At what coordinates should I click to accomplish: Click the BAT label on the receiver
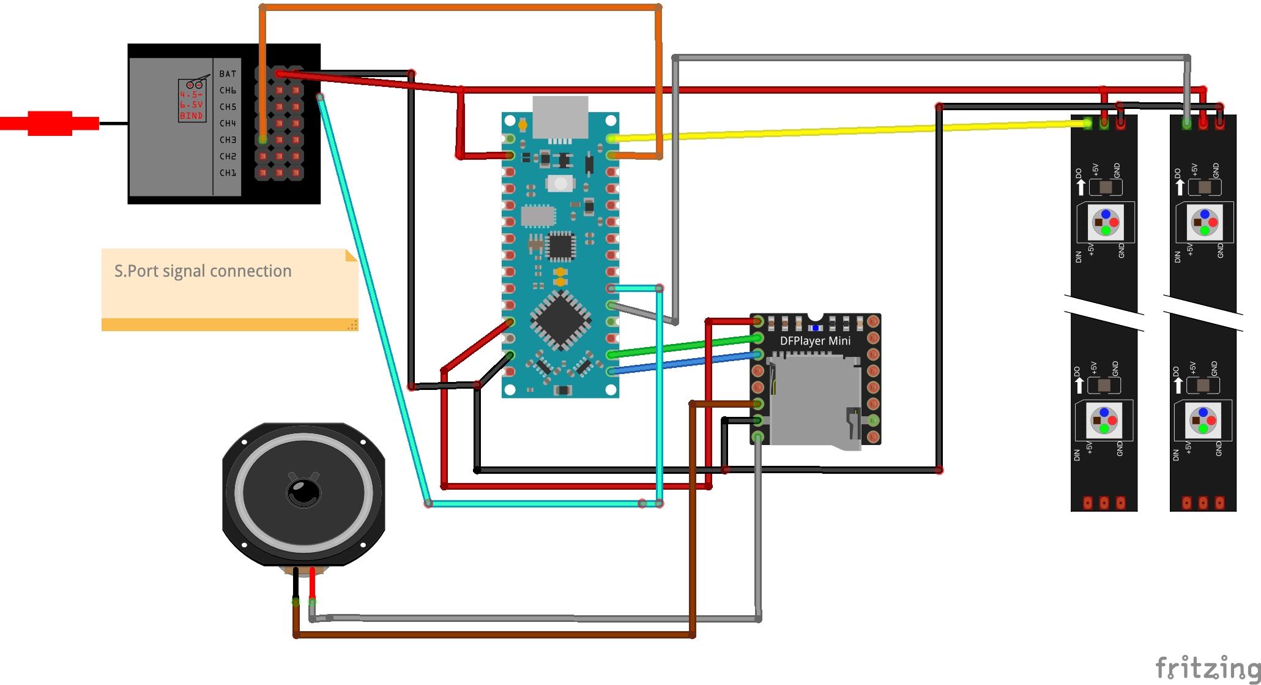tap(228, 73)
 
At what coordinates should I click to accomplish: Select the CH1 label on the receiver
tap(228, 173)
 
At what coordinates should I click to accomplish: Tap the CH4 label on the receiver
tap(228, 123)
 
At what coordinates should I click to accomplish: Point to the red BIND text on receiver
tap(191, 116)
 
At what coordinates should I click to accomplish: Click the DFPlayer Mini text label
tap(815, 341)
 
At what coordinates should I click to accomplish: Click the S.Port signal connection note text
tap(203, 271)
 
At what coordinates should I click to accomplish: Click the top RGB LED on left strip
tap(1105, 222)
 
